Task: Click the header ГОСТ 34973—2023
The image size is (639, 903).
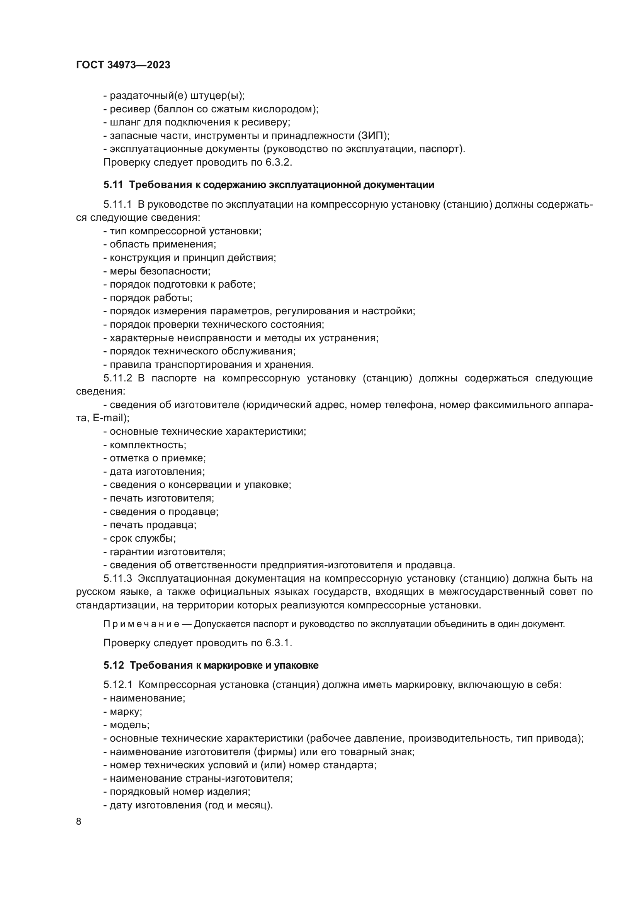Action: click(123, 65)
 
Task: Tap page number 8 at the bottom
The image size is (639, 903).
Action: click(79, 822)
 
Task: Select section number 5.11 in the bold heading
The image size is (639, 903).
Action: click(113, 185)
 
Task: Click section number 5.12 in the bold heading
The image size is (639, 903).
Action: click(114, 666)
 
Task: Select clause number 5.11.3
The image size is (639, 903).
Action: click(118, 579)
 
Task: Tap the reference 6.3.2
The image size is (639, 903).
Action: click(278, 163)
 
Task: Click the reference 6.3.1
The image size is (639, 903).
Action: click(278, 643)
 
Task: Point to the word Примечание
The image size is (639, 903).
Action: click(141, 624)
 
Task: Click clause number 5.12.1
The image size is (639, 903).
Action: click(118, 685)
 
